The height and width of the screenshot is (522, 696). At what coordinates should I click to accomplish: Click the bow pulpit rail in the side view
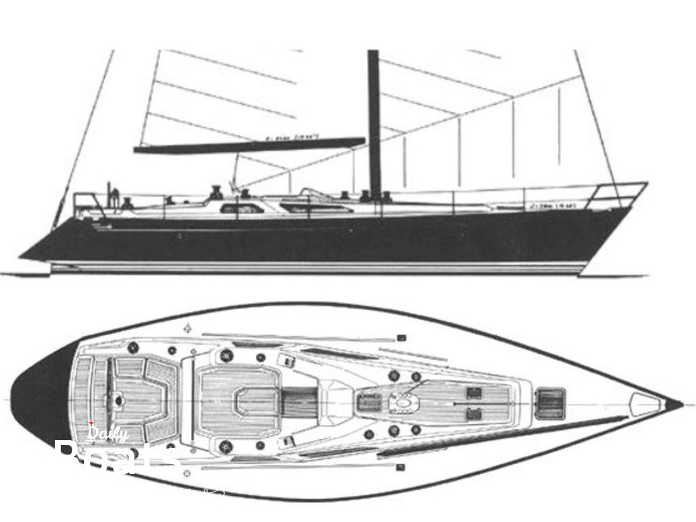(620, 192)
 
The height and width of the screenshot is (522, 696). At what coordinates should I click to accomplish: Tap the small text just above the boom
(286, 136)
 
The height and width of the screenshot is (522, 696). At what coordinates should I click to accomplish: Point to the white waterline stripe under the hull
(319, 267)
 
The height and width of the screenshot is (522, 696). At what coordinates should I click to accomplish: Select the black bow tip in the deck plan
(674, 402)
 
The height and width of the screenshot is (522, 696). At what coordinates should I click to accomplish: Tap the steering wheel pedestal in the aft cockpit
(116, 400)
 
